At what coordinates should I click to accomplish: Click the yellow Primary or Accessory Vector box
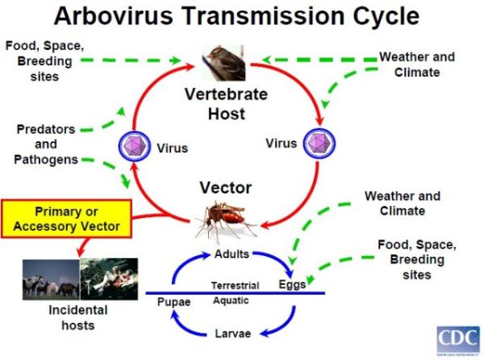tap(67, 218)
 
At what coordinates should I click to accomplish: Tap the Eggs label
tap(291, 284)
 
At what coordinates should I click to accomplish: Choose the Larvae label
tap(232, 333)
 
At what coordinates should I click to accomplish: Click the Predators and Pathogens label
tap(46, 144)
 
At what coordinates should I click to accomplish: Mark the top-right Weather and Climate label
tap(416, 65)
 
